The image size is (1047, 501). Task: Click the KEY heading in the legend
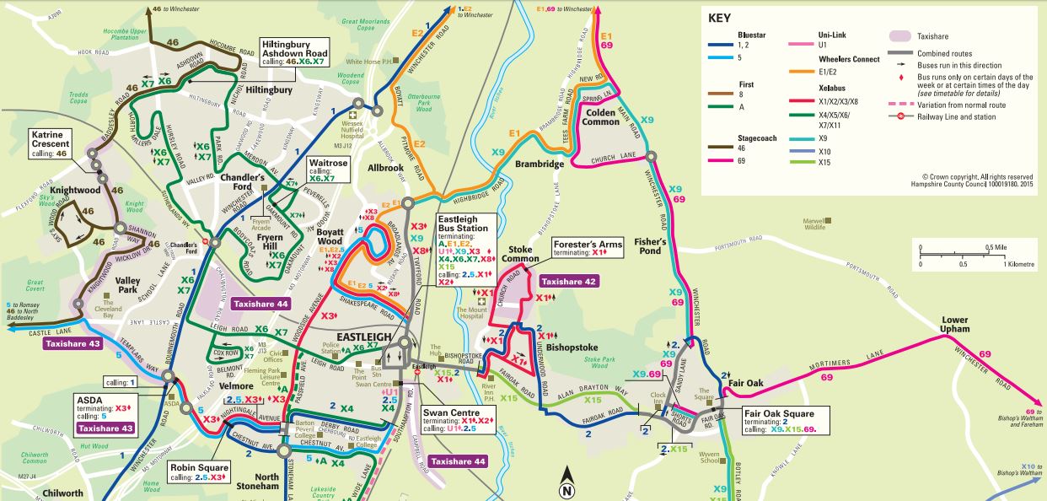click(719, 19)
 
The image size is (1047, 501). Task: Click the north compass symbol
click(566, 483)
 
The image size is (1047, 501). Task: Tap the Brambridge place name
click(540, 164)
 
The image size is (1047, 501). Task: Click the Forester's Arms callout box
click(587, 247)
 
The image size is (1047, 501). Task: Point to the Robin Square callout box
click(198, 471)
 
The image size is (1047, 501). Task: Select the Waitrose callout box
click(327, 168)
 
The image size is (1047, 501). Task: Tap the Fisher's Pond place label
click(651, 245)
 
